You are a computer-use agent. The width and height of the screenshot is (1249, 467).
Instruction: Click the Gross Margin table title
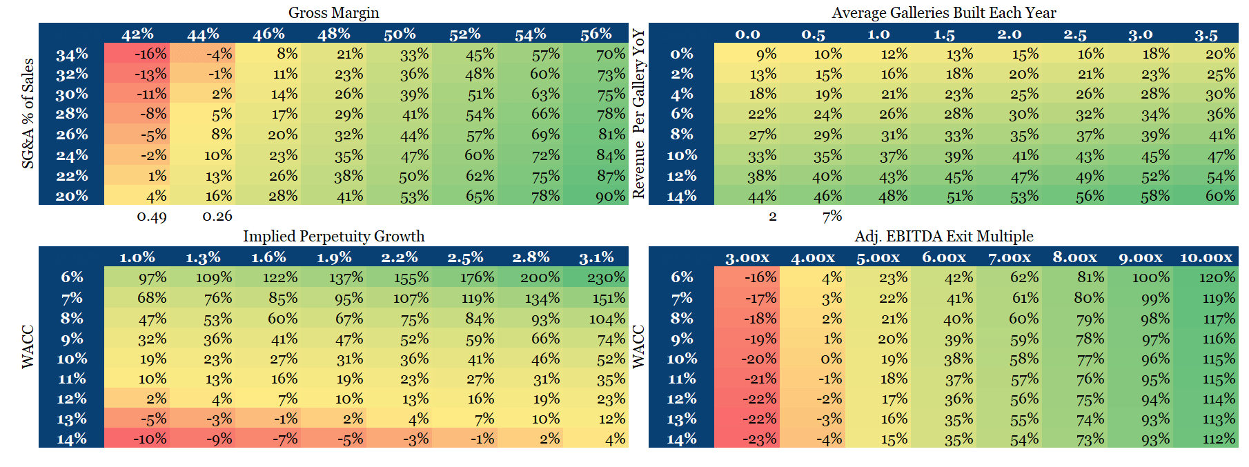(333, 12)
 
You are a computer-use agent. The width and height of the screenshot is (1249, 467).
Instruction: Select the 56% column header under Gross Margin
(596, 34)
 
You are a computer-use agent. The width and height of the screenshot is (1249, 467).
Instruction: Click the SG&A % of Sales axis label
(28, 113)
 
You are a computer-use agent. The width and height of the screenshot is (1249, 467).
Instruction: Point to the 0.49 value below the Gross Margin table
(151, 217)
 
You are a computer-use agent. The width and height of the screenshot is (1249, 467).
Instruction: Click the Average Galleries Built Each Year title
(943, 12)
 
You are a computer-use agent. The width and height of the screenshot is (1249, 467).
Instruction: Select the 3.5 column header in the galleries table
(1206, 34)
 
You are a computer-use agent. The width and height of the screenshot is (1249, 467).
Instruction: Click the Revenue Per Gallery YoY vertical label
(639, 113)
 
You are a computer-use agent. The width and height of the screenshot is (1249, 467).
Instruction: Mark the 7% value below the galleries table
(832, 216)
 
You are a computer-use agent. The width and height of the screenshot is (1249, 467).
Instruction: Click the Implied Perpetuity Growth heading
(333, 236)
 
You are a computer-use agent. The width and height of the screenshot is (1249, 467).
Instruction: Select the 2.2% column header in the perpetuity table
(399, 257)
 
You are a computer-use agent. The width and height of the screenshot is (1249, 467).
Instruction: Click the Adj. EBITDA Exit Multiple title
(943, 236)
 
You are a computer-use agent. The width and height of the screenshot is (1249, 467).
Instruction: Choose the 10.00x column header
(1206, 257)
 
